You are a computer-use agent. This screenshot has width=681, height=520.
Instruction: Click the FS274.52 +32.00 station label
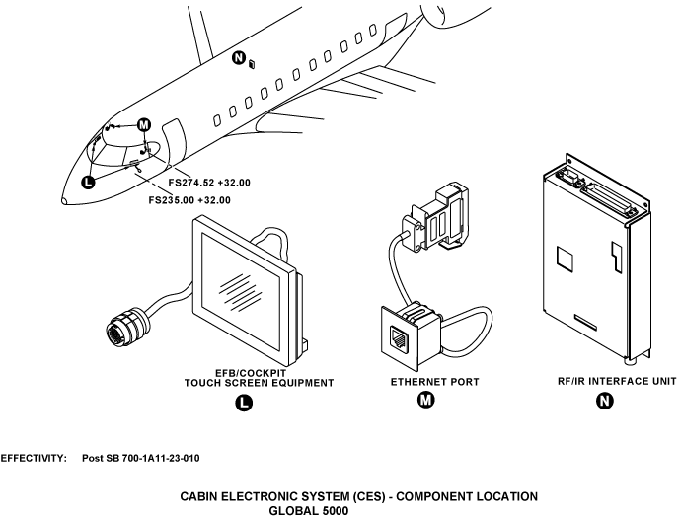click(209, 183)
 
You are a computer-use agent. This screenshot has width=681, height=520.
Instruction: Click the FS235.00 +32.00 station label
click(189, 200)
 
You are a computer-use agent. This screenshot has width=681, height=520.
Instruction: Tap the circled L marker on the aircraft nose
click(89, 181)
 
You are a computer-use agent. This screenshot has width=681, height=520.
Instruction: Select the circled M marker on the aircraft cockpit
click(144, 125)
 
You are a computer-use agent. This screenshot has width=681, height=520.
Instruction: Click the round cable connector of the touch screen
click(124, 326)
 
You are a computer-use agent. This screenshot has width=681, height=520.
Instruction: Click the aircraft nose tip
click(64, 201)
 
